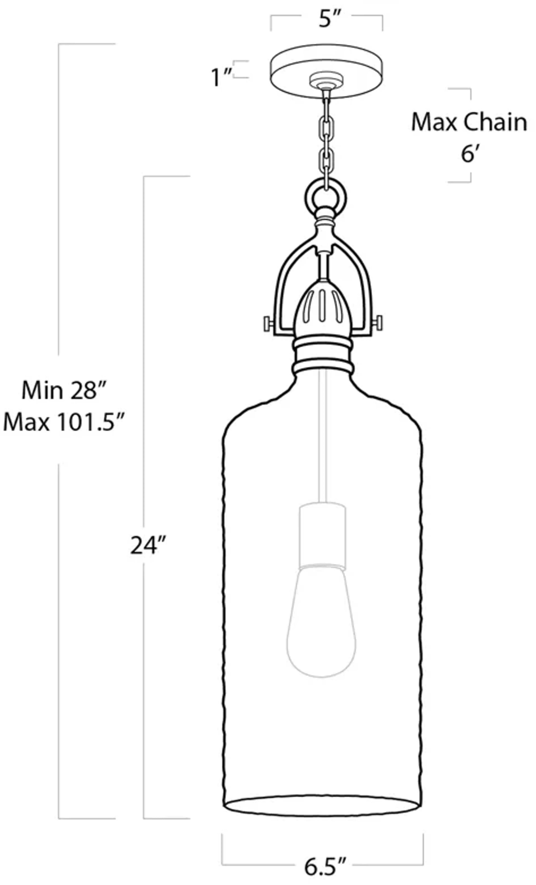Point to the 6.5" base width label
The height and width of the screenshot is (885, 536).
point(325,867)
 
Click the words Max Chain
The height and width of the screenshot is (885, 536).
point(469,122)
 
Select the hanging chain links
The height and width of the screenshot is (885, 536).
point(326,144)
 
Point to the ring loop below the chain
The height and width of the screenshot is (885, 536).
point(326,197)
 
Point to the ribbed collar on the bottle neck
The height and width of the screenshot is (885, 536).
point(323,356)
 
